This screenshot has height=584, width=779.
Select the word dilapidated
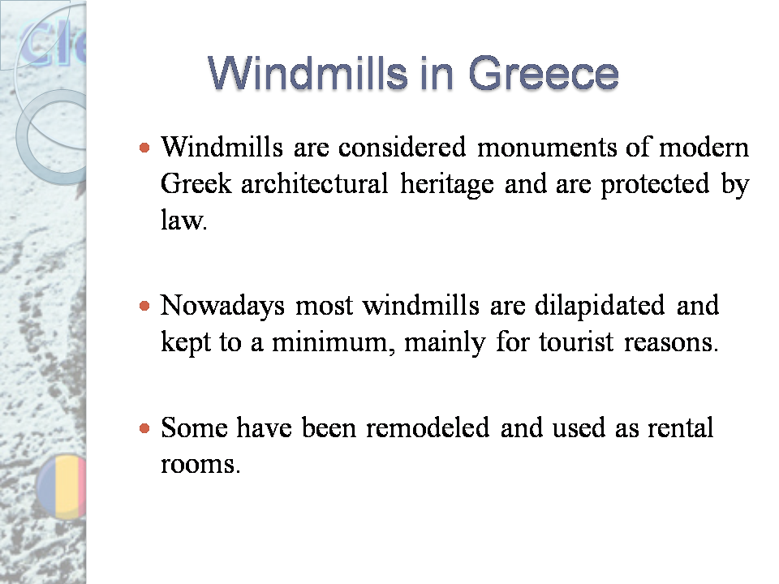597,306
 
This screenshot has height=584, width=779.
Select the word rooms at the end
200,465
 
